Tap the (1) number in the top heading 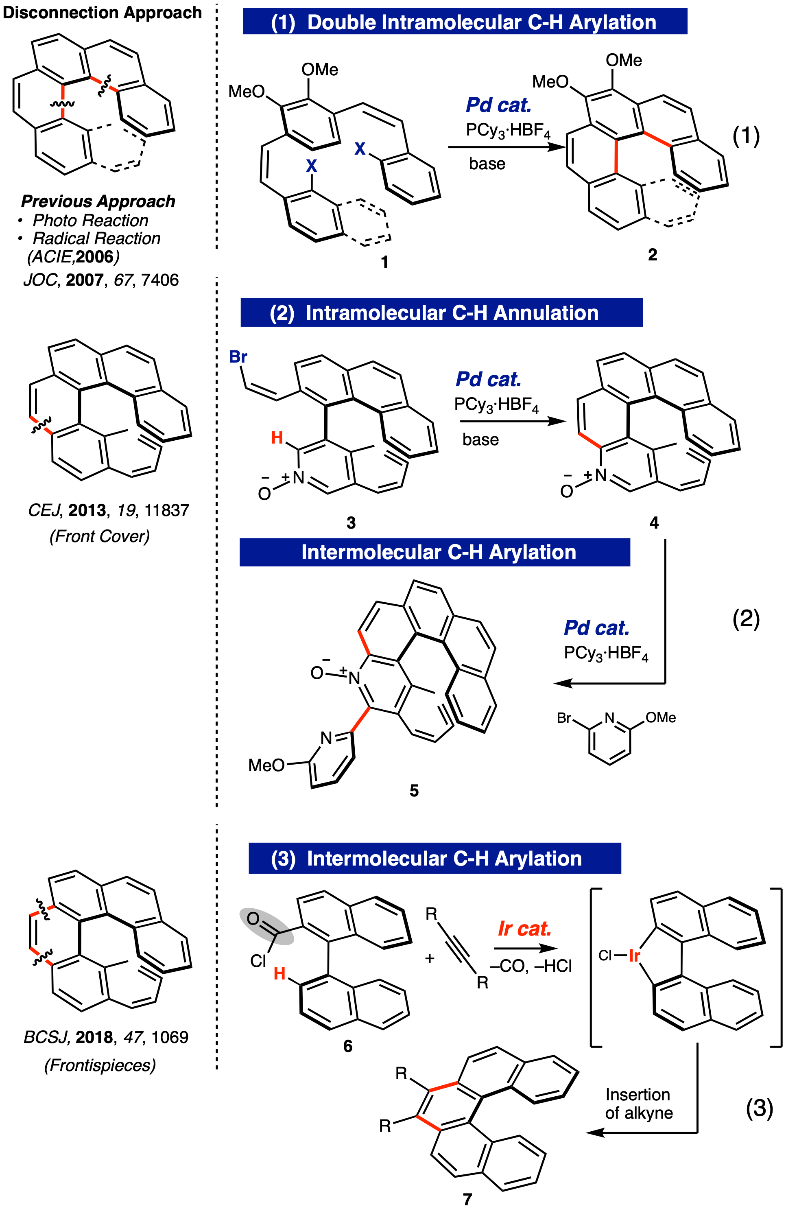[283, 22]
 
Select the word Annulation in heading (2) [546, 313]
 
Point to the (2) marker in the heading [282, 313]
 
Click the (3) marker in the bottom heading [283, 859]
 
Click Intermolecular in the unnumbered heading [371, 552]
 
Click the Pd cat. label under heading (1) [498, 105]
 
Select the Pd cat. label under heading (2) [488, 379]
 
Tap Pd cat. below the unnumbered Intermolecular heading [596, 628]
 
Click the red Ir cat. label [524, 929]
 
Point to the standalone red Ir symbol [634, 955]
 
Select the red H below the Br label [277, 437]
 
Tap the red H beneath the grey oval [279, 973]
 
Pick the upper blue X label [360, 149]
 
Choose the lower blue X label [311, 165]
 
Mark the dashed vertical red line [63, 102]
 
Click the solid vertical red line [616, 156]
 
